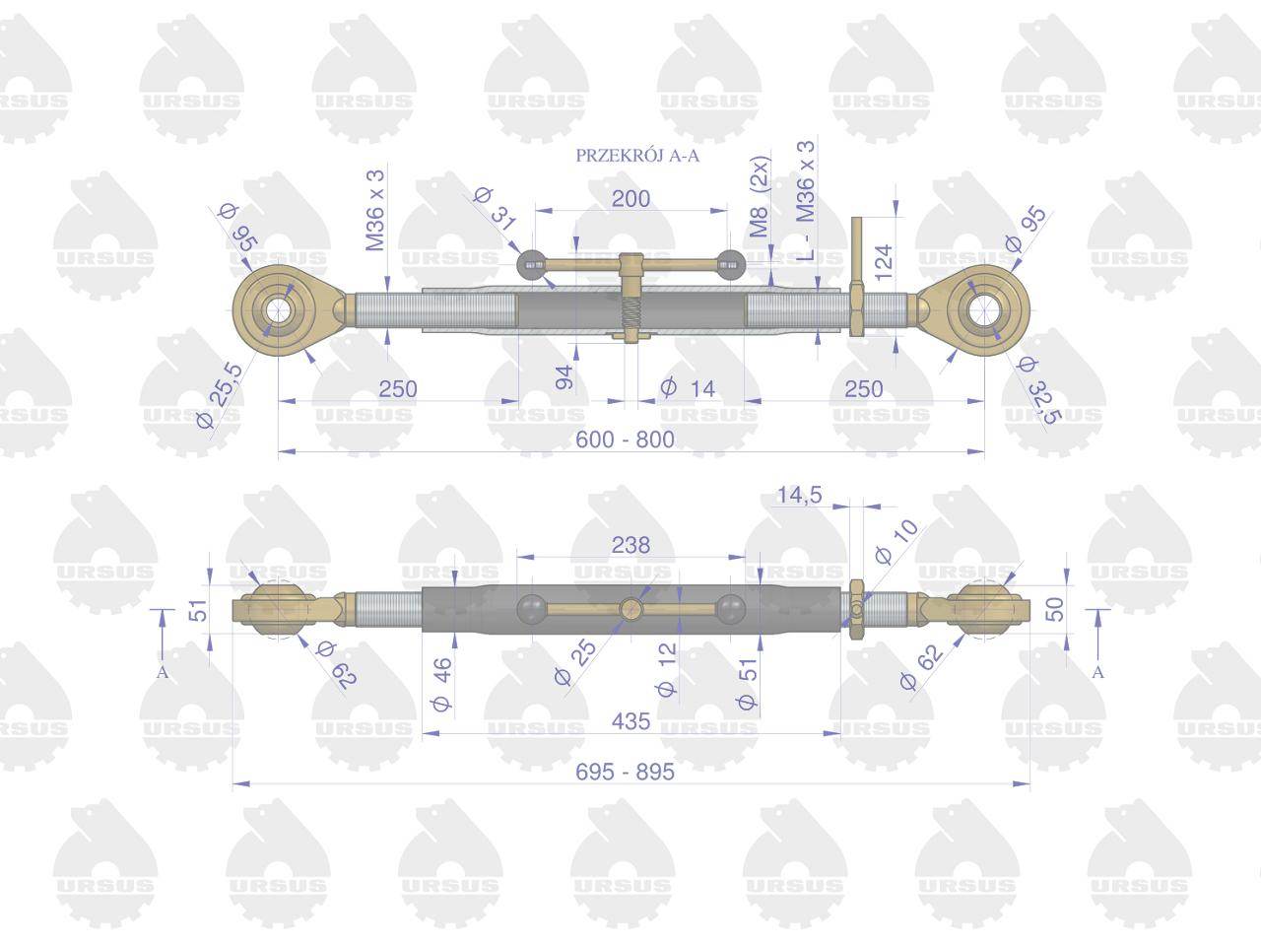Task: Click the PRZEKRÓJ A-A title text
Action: (637, 156)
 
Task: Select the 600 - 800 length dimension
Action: (625, 439)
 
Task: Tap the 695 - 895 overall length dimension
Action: (625, 772)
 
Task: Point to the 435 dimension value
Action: (630, 721)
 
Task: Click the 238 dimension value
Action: (630, 545)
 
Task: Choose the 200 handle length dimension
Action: (630, 198)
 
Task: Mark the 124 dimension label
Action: (885, 262)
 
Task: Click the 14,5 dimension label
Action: (799, 494)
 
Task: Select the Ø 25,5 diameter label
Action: (221, 396)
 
